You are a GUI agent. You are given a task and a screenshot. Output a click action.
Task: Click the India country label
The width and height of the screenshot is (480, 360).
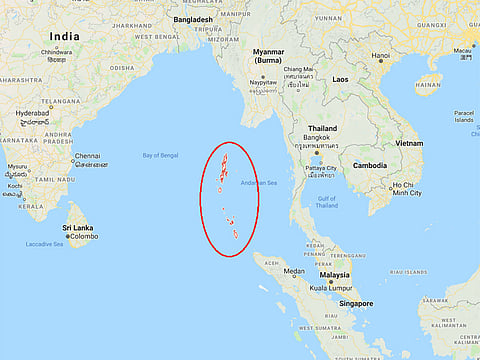(64, 36)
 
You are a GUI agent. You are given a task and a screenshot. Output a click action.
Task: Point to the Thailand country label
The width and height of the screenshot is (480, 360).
(322, 129)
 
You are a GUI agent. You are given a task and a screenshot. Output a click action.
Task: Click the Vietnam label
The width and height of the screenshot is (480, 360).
(408, 143)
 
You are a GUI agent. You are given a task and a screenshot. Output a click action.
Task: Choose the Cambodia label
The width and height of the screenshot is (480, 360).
(369, 165)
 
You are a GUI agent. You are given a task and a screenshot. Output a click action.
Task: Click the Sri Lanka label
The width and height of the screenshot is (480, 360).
(77, 228)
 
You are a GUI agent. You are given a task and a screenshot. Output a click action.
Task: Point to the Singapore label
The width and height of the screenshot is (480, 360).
(356, 303)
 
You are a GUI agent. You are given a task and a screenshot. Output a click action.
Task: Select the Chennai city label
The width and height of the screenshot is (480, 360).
(87, 157)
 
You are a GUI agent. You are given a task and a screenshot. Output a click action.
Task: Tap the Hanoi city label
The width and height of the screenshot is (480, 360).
(381, 56)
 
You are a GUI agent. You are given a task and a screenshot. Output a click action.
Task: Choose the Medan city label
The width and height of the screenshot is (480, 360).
(294, 271)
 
